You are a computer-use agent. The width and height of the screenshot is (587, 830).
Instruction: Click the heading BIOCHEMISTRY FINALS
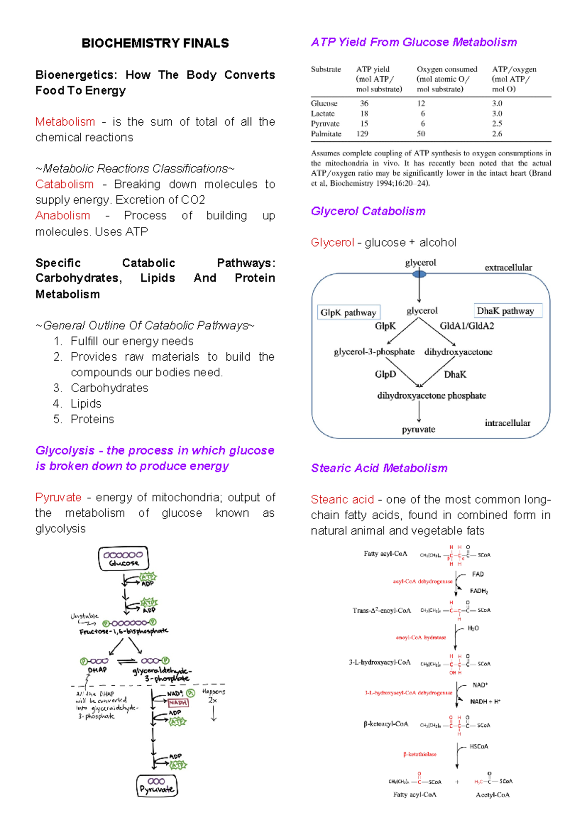tap(155, 44)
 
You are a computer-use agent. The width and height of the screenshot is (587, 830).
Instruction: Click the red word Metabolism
tap(65, 122)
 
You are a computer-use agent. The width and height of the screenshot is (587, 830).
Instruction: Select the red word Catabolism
tap(65, 184)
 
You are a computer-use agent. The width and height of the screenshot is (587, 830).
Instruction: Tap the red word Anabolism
tap(63, 216)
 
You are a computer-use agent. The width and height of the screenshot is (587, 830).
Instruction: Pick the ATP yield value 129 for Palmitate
tap(362, 134)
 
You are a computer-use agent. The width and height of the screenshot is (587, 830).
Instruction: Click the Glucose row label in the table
tap(324, 103)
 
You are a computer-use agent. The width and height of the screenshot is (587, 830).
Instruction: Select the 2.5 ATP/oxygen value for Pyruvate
tap(497, 124)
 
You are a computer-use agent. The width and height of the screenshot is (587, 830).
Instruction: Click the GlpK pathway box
tap(348, 313)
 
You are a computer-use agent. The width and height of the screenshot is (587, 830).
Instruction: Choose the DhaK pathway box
tap(506, 311)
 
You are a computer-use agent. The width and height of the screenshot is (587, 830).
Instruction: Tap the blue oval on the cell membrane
tap(419, 274)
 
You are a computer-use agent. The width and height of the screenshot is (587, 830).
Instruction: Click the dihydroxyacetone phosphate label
tap(431, 395)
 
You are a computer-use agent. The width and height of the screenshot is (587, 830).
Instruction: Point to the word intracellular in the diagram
tap(507, 423)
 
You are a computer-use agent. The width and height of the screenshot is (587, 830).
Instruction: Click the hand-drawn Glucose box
tap(124, 558)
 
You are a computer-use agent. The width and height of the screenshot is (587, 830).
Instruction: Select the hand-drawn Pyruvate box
tap(157, 786)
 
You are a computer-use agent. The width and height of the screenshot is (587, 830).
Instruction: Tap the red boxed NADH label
tap(178, 703)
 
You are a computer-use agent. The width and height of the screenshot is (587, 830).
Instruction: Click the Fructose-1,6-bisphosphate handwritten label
tap(124, 631)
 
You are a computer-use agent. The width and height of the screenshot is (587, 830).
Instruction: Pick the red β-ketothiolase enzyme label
tap(420, 754)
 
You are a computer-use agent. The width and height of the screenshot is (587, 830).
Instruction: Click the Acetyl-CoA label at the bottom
tap(493, 795)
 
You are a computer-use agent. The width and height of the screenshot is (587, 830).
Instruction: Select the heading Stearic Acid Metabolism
tap(379, 468)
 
